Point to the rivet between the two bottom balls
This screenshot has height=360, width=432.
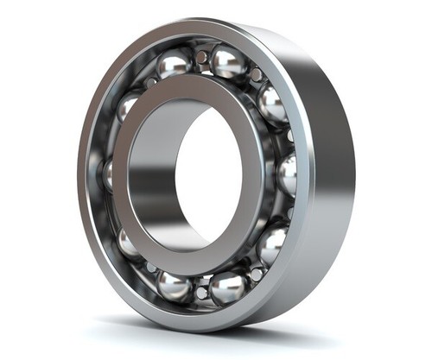pyautogui.click(x=201, y=292)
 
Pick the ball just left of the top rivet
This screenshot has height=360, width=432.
pyautogui.click(x=174, y=64)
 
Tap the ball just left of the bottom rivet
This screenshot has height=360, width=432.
pyautogui.click(x=174, y=286)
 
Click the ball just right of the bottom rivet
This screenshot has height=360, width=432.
pyautogui.click(x=228, y=287)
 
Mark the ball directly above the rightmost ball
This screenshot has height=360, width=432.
pyautogui.click(x=271, y=104)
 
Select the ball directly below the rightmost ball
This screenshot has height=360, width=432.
pyautogui.click(x=271, y=244)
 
